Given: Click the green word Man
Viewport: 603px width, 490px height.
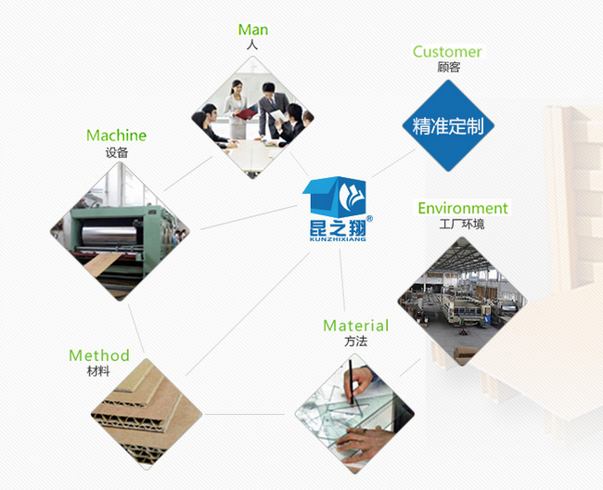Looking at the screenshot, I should pyautogui.click(x=253, y=31).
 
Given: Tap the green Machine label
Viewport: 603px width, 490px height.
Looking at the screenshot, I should pyautogui.click(x=116, y=135).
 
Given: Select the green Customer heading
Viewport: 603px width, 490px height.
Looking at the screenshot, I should pyautogui.click(x=447, y=52).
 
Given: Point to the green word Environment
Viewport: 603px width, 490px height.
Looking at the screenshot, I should pyautogui.click(x=462, y=208).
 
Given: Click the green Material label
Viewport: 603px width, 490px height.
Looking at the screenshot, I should pyautogui.click(x=355, y=326).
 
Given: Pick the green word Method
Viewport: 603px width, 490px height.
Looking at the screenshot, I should pyautogui.click(x=99, y=355).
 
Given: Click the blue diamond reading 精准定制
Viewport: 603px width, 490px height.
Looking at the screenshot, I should pyautogui.click(x=448, y=126).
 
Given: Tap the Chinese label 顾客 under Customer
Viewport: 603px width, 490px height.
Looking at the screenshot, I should pyautogui.click(x=448, y=68).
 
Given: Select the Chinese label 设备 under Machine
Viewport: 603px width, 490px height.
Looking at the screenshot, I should pyautogui.click(x=116, y=152).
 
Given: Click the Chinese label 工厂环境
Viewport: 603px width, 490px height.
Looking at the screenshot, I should pyautogui.click(x=462, y=225).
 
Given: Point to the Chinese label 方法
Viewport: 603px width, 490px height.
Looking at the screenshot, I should pyautogui.click(x=355, y=342).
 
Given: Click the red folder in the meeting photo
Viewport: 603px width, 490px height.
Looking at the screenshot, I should pyautogui.click(x=246, y=113).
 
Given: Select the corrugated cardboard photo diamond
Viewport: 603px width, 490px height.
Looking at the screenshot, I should pyautogui.click(x=148, y=408).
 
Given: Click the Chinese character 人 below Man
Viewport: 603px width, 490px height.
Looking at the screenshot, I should pyautogui.click(x=252, y=45).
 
